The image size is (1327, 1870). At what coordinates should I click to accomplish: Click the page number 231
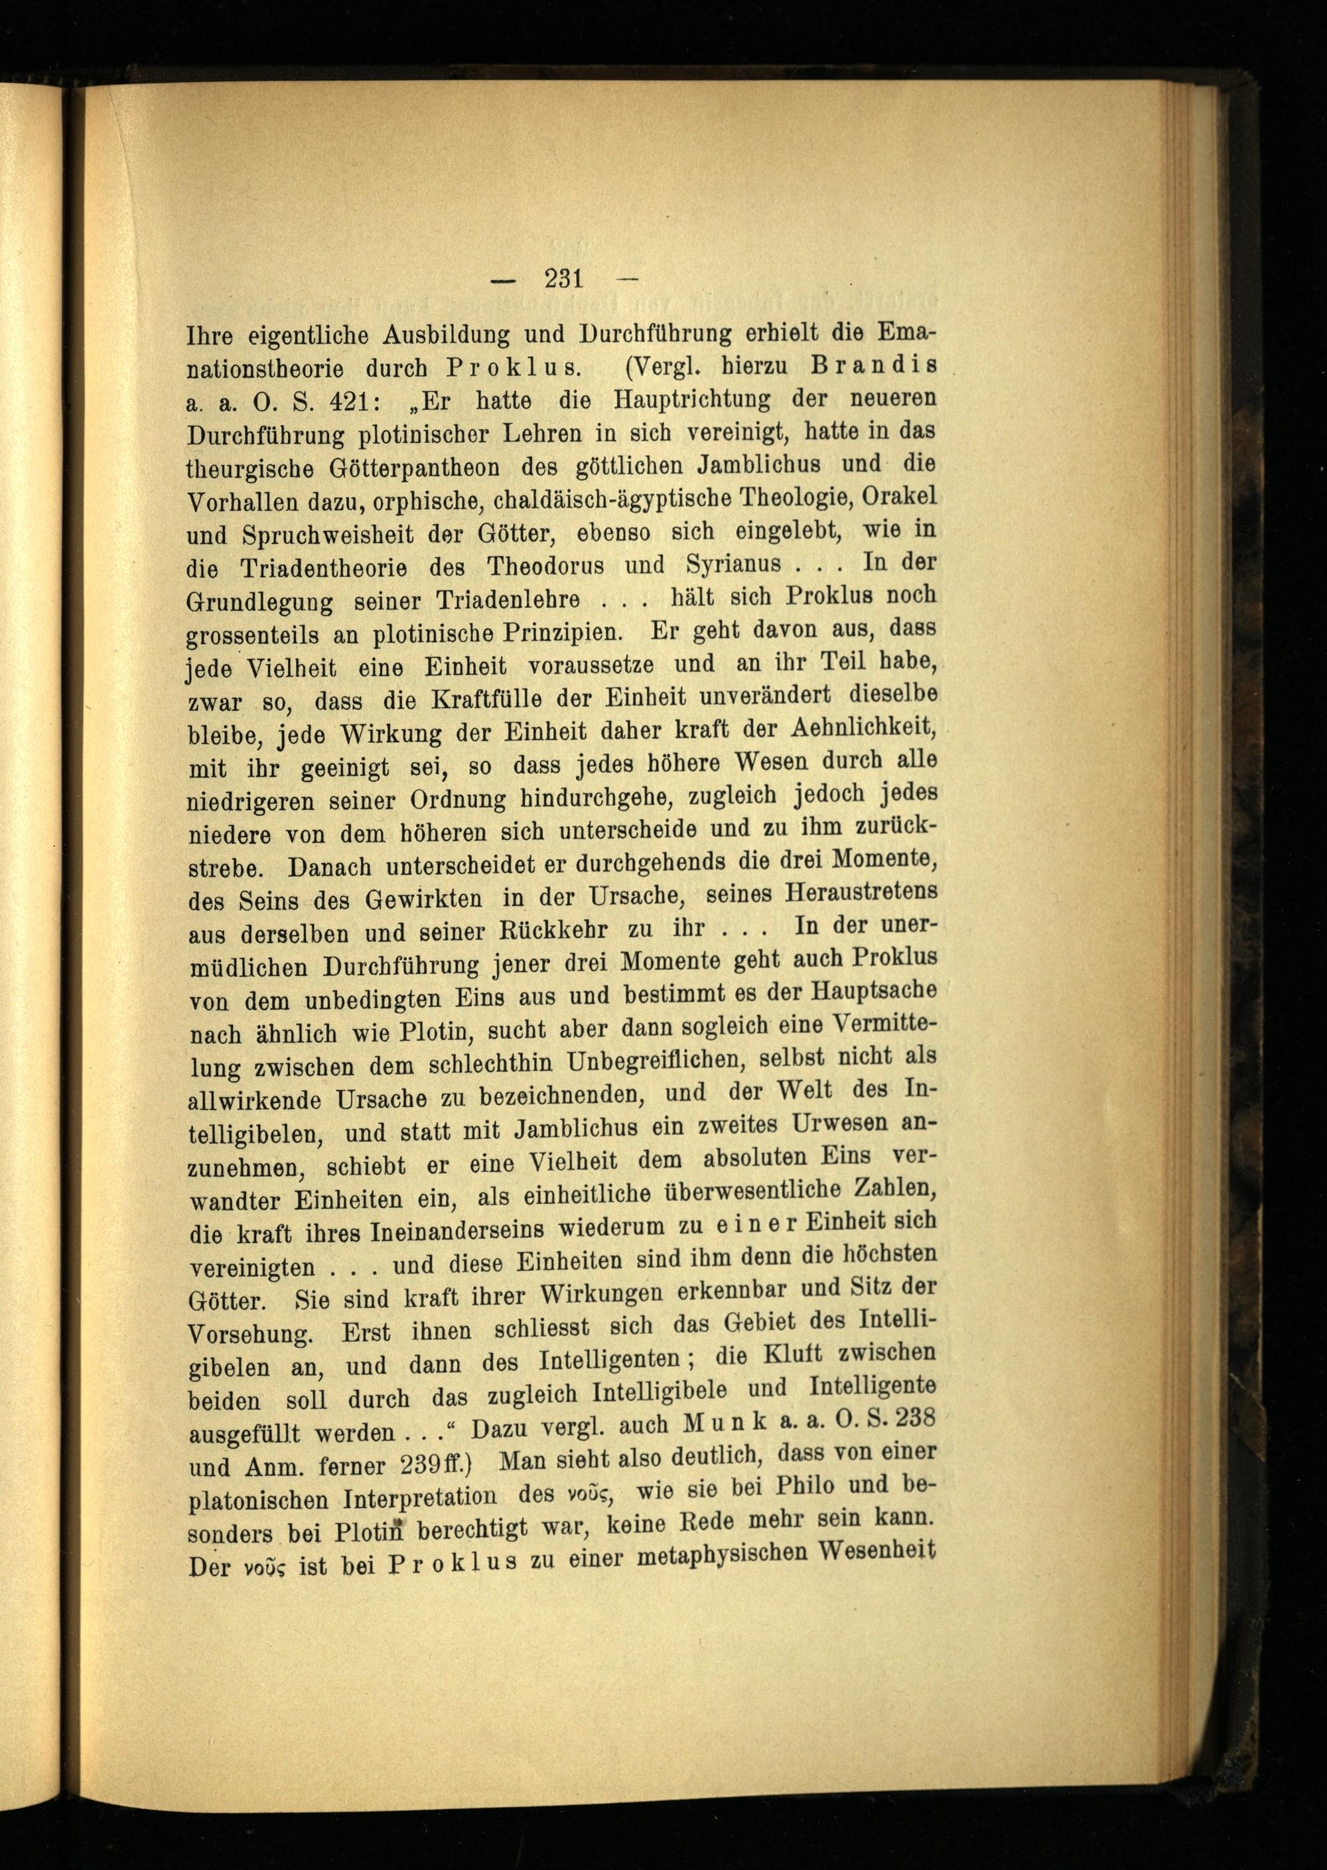tap(564, 280)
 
